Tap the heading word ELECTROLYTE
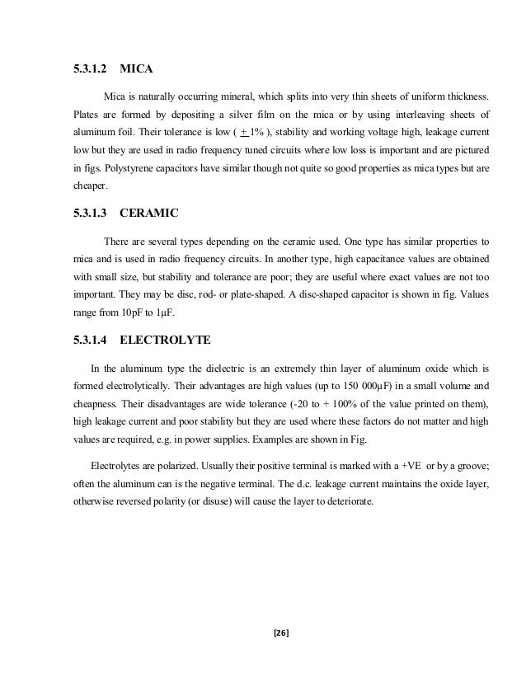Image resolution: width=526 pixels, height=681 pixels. (163, 339)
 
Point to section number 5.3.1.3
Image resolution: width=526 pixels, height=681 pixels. (91, 212)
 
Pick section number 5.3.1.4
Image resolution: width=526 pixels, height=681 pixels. (91, 339)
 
